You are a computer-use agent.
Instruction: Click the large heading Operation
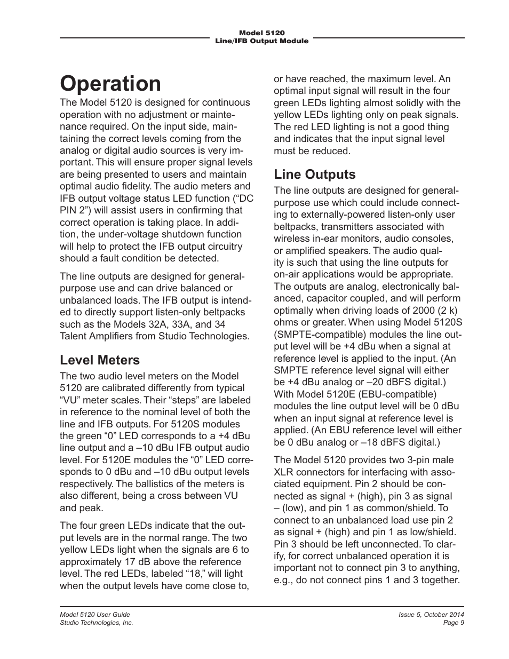(110, 84)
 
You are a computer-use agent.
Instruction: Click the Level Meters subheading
(99, 360)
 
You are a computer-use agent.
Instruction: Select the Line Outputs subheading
(314, 174)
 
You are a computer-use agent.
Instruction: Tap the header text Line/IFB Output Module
(261, 41)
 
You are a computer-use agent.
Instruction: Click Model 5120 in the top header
(261, 33)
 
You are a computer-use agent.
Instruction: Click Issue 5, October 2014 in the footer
(431, 615)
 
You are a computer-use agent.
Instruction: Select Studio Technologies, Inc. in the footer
(96, 623)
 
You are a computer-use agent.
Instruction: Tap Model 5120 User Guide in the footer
(94, 615)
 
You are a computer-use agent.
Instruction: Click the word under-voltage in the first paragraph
(121, 234)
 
